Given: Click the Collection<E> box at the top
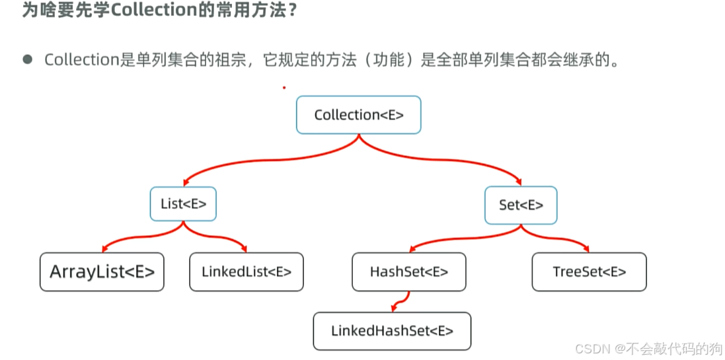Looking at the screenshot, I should coord(358,115).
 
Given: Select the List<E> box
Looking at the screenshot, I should coord(183,204).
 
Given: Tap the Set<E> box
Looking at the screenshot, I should coord(521,205).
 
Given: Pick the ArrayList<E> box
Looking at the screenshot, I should coord(102,271).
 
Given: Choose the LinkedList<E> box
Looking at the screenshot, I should coord(246,271).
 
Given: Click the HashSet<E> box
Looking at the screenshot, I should coord(408,271).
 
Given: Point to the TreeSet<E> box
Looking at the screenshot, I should coord(589,271).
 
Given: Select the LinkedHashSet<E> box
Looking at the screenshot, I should coord(392,331).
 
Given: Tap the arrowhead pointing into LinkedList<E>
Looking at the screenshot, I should coord(244,249).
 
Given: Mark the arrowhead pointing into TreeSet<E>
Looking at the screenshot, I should coord(586,249).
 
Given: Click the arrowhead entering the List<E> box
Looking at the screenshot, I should coord(186,183).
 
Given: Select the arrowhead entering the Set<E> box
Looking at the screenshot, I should coord(519,183).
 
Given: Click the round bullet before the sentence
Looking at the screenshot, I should coord(27,59).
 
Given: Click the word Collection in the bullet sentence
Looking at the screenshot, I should coord(81,59).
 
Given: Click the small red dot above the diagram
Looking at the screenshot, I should coord(284,87).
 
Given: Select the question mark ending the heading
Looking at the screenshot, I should coord(289,11).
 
